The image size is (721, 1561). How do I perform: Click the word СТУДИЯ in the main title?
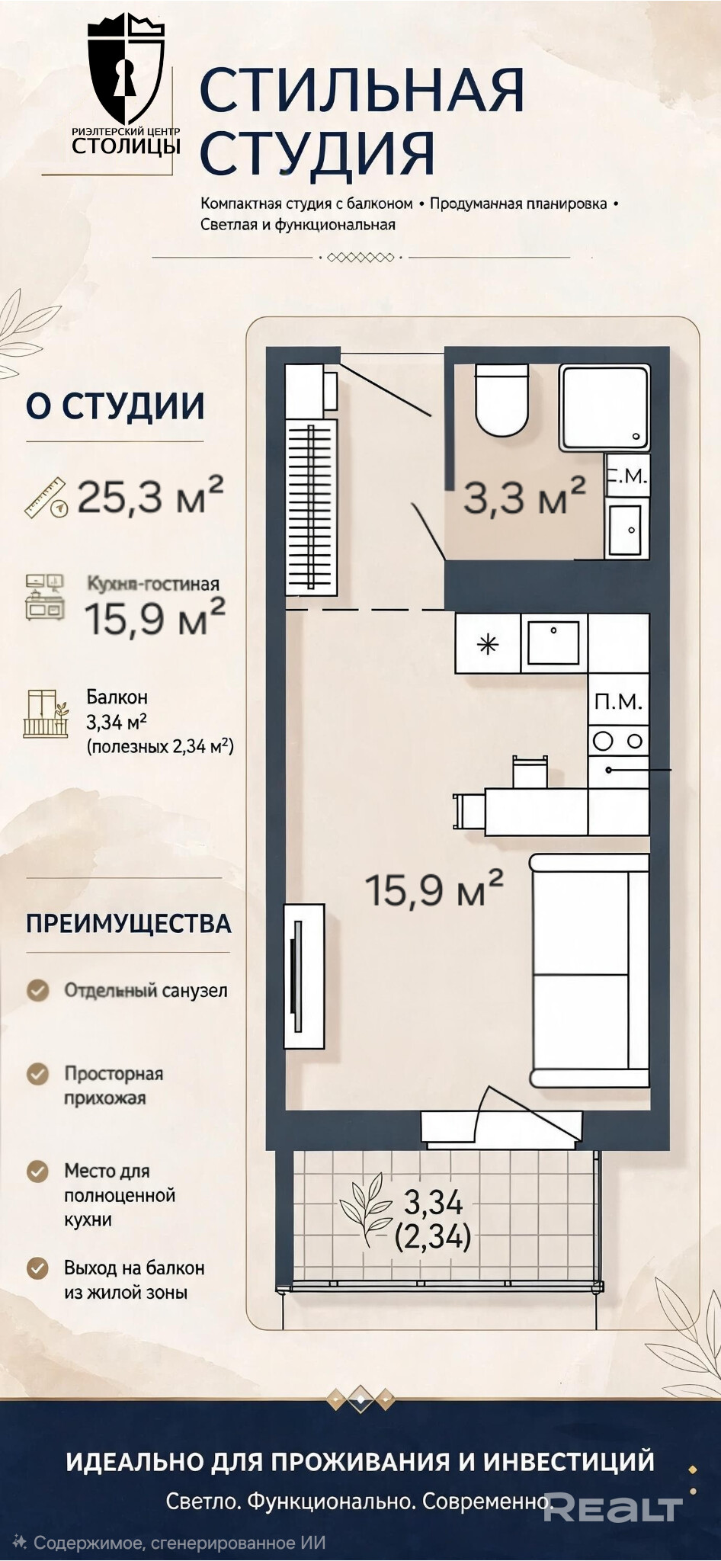pyautogui.click(x=317, y=152)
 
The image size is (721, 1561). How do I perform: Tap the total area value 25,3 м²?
pyautogui.click(x=150, y=495)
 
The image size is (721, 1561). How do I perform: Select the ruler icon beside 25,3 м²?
pyautogui.click(x=46, y=498)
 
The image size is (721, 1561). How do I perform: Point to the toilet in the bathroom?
pyautogui.click(x=501, y=399)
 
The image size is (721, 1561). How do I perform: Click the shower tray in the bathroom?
pyautogui.click(x=605, y=407)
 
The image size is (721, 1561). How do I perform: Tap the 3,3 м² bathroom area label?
pyautogui.click(x=525, y=497)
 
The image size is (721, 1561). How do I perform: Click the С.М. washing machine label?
pyautogui.click(x=627, y=476)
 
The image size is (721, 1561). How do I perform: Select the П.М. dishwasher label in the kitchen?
pyautogui.click(x=618, y=702)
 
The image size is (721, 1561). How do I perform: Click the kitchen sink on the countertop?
pyautogui.click(x=553, y=643)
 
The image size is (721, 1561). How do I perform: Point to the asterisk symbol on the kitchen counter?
pyautogui.click(x=488, y=645)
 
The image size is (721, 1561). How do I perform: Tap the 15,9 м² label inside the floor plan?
pyautogui.click(x=434, y=889)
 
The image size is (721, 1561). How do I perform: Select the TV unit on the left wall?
pyautogui.click(x=304, y=976)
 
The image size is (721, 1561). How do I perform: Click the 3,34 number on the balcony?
pyautogui.click(x=433, y=1202)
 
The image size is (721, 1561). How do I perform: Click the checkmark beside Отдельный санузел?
pyautogui.click(x=38, y=990)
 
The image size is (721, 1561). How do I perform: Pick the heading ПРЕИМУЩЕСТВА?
pyautogui.click(x=129, y=924)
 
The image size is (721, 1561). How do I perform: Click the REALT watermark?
pyautogui.click(x=614, y=1508)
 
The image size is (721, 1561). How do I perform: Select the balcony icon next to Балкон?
pyautogui.click(x=46, y=713)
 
